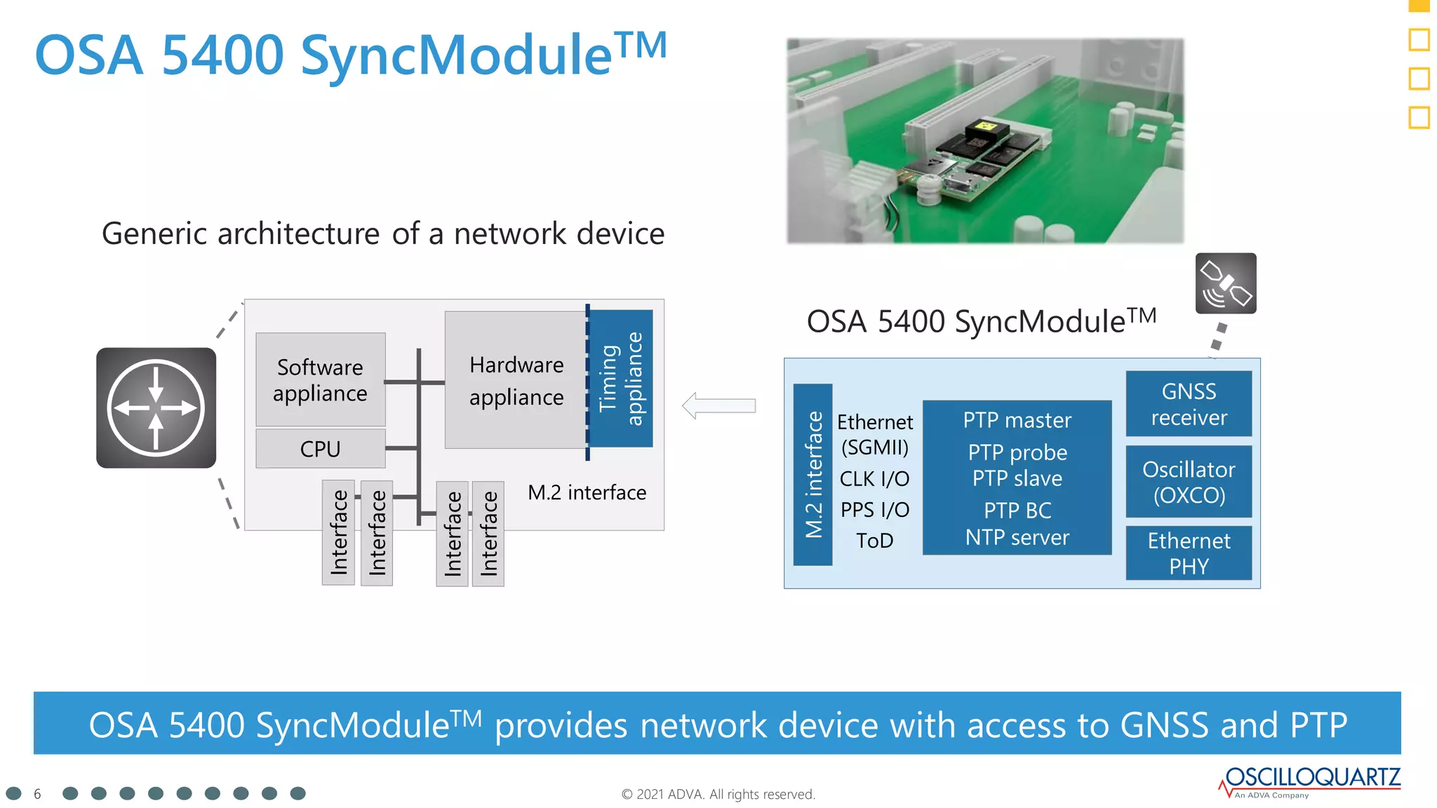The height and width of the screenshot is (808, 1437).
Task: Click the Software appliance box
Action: click(320, 379)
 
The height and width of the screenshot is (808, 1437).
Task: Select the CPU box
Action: click(320, 449)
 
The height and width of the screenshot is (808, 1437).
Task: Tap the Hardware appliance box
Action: click(516, 380)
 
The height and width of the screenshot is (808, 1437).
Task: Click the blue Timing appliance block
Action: click(621, 379)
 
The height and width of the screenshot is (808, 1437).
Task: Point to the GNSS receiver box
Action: click(1189, 404)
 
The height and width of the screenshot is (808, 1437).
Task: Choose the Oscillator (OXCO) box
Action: click(1189, 482)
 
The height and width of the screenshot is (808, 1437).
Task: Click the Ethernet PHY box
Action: click(1189, 553)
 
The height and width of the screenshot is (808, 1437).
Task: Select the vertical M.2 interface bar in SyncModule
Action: click(813, 475)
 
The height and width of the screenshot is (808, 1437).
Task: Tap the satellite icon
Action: click(1225, 283)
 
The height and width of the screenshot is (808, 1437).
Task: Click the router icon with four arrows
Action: click(156, 408)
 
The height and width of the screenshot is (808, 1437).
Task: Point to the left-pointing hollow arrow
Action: click(718, 405)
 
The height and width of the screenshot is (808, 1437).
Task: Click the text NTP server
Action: click(1017, 537)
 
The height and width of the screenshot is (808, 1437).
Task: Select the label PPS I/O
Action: click(874, 510)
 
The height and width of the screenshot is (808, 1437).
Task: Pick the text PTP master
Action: click(1017, 420)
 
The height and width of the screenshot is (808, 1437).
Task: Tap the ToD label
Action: click(874, 541)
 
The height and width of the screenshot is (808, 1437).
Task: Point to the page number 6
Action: click(37, 794)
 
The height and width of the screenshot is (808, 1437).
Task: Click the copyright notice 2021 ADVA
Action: click(718, 794)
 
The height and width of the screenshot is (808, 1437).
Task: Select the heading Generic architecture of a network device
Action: click(383, 234)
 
